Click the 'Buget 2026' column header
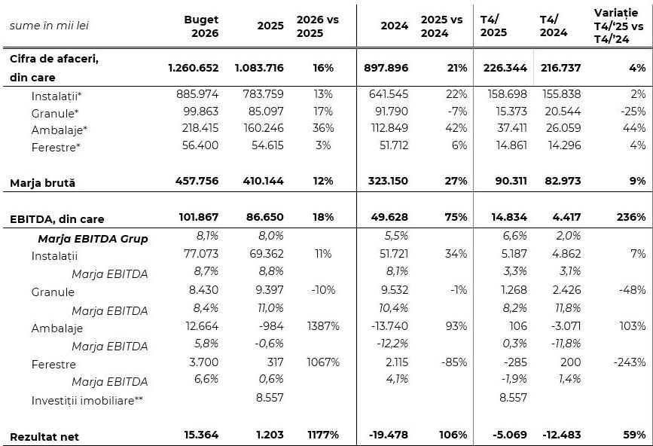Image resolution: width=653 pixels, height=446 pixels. (x=201, y=26)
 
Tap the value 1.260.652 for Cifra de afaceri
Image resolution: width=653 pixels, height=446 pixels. (x=194, y=68)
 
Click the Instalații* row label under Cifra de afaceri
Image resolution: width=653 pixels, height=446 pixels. (x=56, y=96)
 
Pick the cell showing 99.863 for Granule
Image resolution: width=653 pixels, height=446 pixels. (x=200, y=111)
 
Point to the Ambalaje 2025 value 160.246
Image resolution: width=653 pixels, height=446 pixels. (x=260, y=129)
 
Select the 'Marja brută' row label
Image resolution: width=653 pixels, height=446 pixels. (x=42, y=182)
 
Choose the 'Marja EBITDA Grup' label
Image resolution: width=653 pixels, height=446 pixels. (x=93, y=239)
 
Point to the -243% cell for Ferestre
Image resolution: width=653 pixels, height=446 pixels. (x=630, y=362)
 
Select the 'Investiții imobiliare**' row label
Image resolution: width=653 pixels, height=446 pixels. (x=87, y=400)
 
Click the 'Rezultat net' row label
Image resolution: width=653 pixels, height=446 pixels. (x=44, y=436)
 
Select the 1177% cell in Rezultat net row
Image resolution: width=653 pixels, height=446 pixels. (x=323, y=435)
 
